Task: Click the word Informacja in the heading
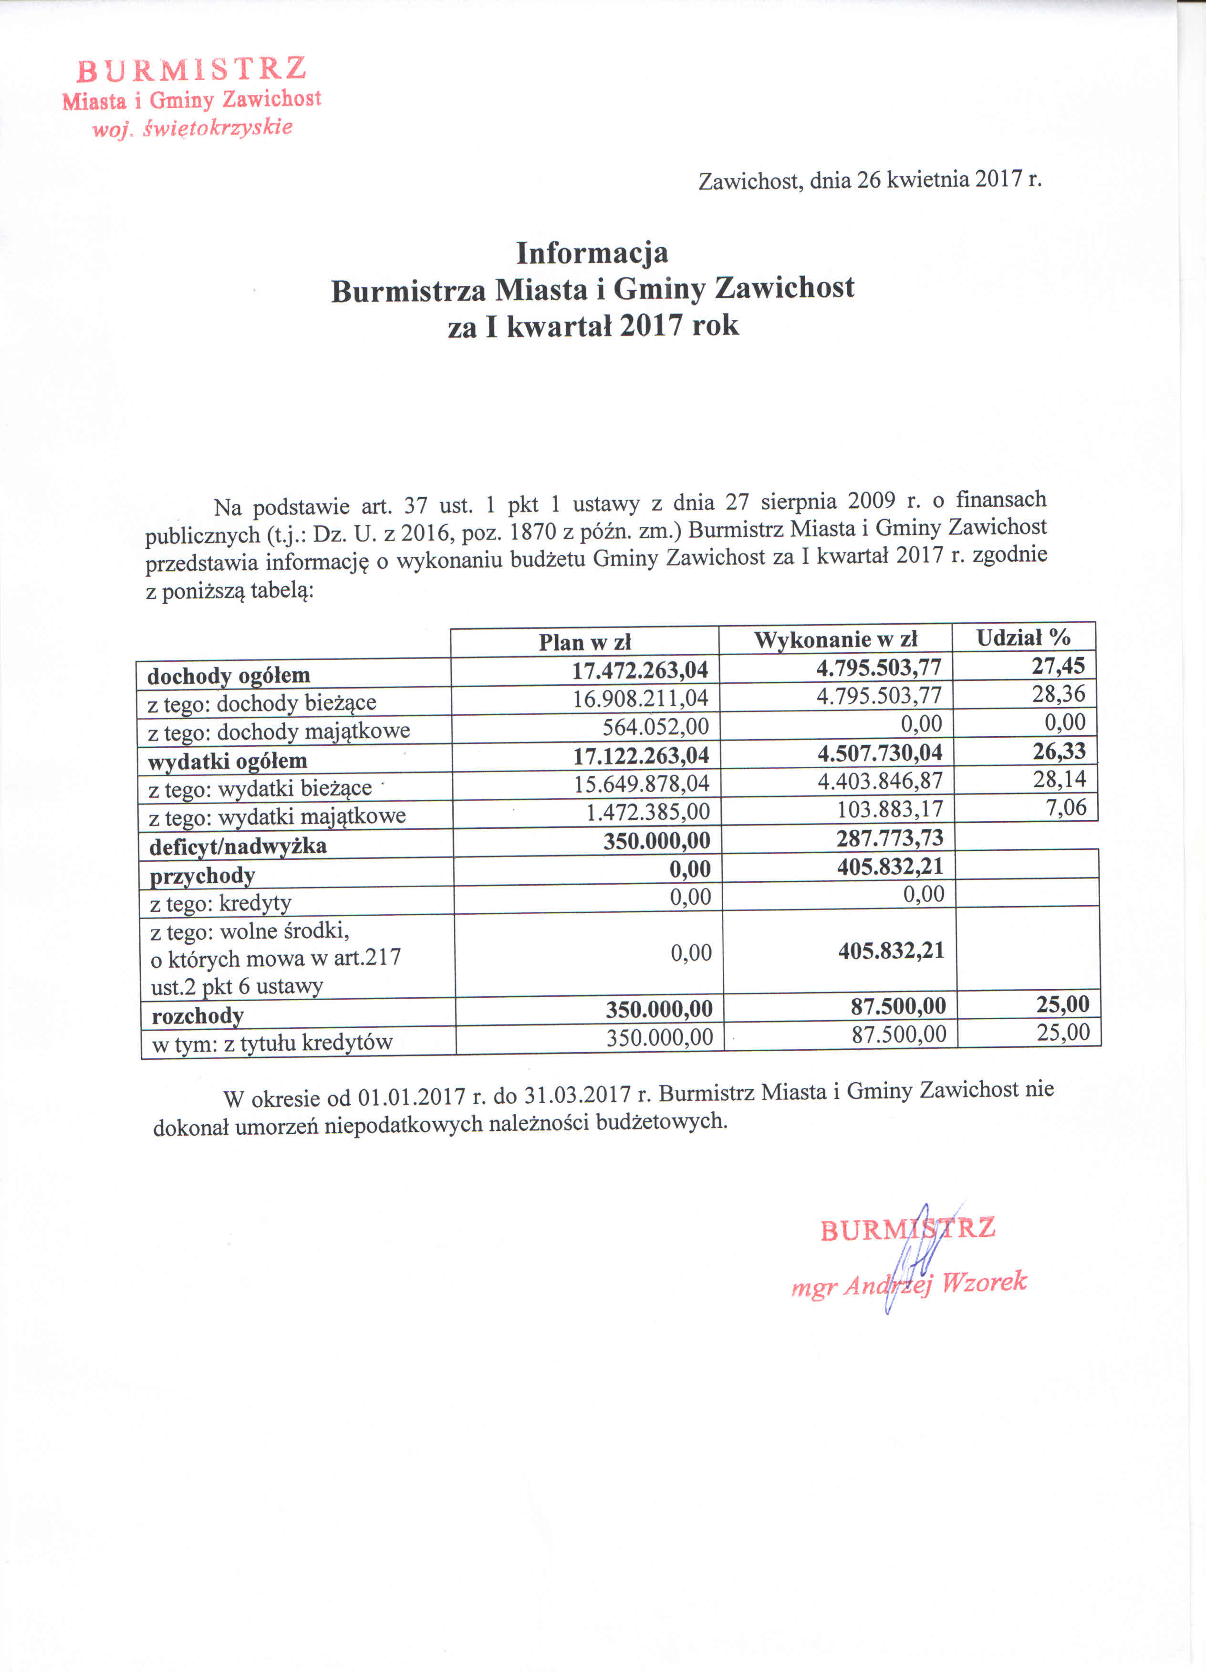coord(592,253)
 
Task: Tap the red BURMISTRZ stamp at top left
coord(192,70)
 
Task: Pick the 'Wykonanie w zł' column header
coord(835,639)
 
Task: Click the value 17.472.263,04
coord(640,670)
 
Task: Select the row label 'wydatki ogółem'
coord(227,761)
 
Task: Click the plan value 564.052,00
coord(655,727)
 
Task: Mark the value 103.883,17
coord(890,809)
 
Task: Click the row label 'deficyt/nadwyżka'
coord(238,846)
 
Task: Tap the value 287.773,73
coord(890,837)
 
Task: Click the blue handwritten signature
coord(913,1262)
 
